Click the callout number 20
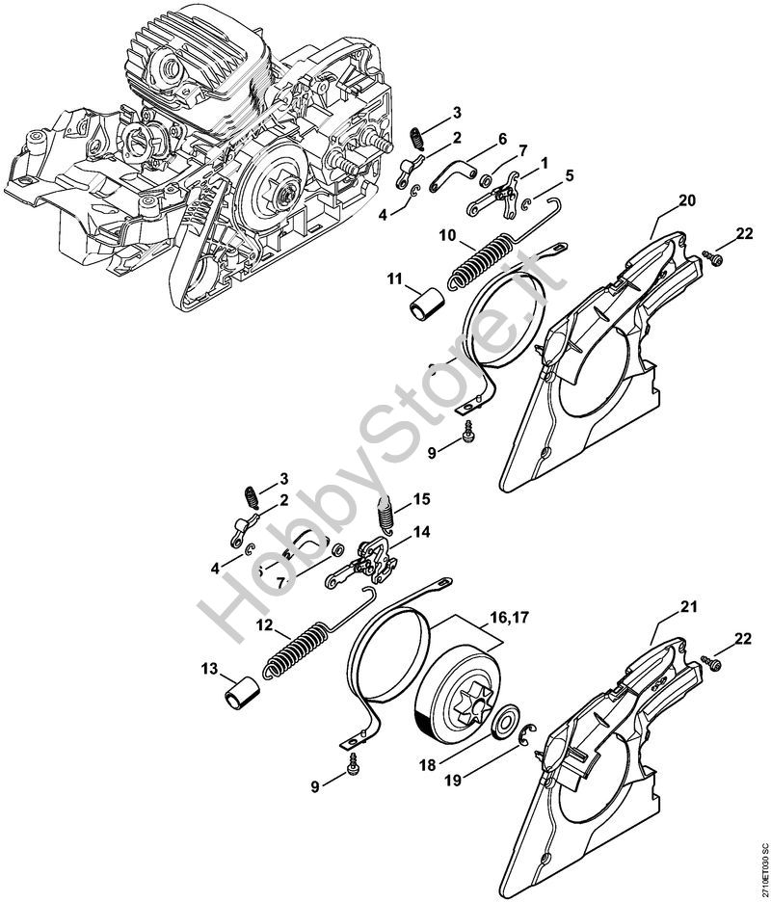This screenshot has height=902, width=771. [x=686, y=200]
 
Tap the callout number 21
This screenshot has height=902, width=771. [x=688, y=607]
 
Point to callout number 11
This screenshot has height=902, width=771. [x=394, y=279]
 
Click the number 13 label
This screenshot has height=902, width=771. [x=210, y=669]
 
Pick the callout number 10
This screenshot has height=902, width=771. [x=447, y=235]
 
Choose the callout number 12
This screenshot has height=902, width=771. [x=265, y=624]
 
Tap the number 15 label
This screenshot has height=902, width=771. [x=422, y=499]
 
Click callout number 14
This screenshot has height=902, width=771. [x=422, y=532]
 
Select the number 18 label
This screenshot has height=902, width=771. [x=428, y=765]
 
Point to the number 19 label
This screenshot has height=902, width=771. [x=453, y=780]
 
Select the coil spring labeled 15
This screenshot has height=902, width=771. [x=385, y=515]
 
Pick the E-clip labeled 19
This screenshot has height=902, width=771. [x=527, y=734]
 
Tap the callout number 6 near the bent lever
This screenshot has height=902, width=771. [x=502, y=139]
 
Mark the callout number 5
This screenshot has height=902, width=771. [x=569, y=175]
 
